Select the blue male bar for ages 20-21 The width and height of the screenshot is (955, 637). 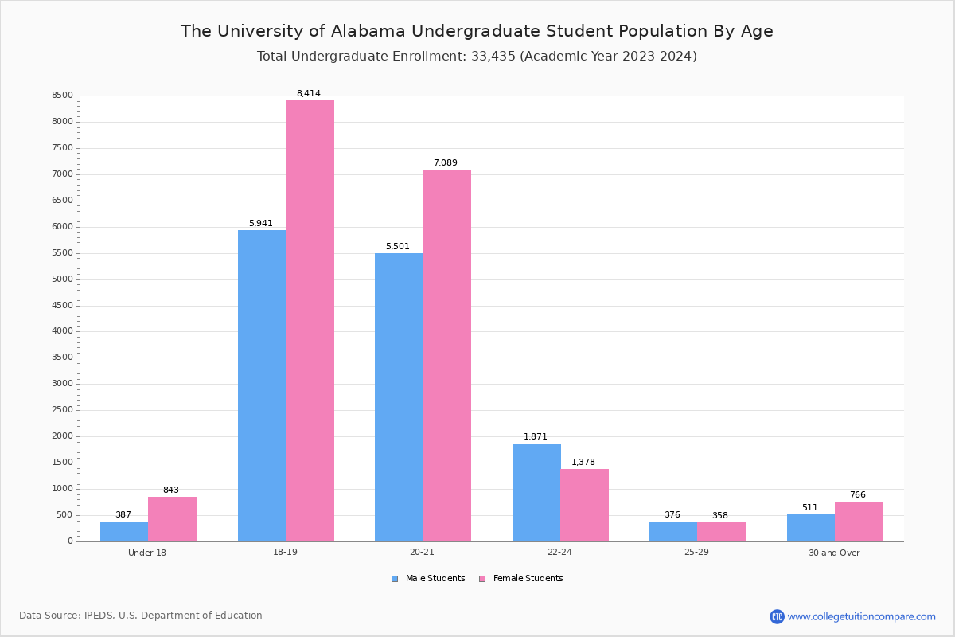(x=399, y=397)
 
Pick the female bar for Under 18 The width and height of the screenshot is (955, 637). (x=172, y=519)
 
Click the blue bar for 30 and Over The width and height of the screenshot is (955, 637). (x=811, y=528)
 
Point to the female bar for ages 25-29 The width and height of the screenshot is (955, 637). (x=721, y=532)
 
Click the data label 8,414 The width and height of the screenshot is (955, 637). (x=309, y=94)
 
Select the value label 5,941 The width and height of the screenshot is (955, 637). (x=261, y=224)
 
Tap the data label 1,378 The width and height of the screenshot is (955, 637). (x=583, y=463)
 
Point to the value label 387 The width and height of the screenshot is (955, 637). (x=123, y=515)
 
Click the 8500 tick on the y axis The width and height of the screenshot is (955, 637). (x=62, y=96)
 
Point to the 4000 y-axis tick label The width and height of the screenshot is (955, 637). (x=62, y=331)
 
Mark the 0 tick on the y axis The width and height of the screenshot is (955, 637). (x=70, y=541)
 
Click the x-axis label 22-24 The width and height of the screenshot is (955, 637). (x=559, y=553)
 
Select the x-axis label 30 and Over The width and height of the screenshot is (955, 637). (x=834, y=553)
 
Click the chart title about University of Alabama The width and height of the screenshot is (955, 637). (x=477, y=31)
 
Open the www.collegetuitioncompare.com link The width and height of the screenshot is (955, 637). (x=861, y=616)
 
